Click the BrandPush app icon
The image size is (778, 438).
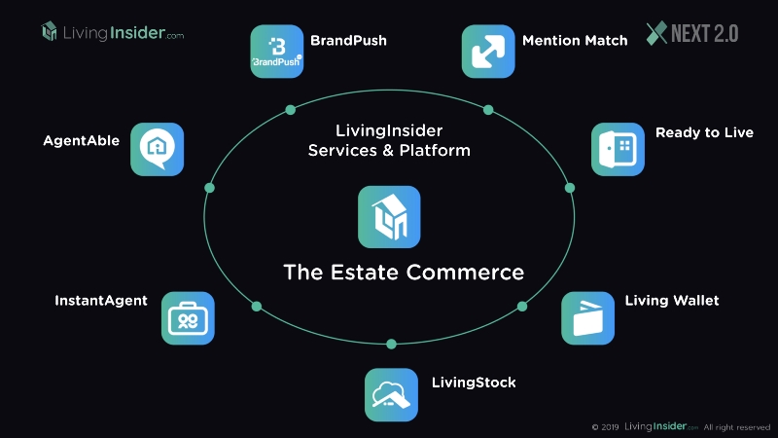point(277,52)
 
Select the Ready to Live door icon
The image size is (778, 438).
point(618,149)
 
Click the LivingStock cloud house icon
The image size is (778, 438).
point(391,394)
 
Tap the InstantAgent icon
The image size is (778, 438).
point(188,318)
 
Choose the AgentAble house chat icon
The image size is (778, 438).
point(158,149)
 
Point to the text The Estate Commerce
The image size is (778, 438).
point(404,272)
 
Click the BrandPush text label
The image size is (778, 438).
point(348,41)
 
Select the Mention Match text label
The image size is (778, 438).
point(575,41)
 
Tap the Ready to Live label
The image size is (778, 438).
point(704,132)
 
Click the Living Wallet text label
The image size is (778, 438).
point(672,301)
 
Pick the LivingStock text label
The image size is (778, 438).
point(474,383)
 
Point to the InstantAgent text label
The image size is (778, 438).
point(101,301)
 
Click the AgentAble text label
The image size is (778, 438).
point(82,140)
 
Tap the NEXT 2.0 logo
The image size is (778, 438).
point(692,33)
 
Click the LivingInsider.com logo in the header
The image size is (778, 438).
point(112,32)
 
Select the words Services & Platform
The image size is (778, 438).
point(389,151)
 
